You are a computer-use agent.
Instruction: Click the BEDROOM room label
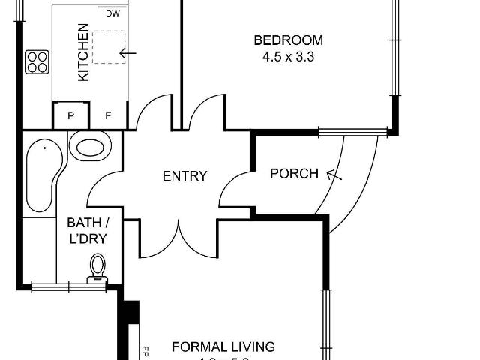tap(288, 40)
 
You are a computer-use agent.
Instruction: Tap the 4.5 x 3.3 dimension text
tap(288, 56)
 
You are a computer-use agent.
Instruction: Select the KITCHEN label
tap(83, 52)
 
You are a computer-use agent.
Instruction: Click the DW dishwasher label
tap(112, 13)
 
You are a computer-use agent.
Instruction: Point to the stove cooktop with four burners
tap(37, 61)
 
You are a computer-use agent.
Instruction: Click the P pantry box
tap(70, 115)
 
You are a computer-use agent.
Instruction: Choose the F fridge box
tap(108, 115)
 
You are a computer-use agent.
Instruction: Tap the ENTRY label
tap(184, 177)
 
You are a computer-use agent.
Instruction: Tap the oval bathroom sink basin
tap(91, 147)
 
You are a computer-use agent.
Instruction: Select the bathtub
tap(40, 175)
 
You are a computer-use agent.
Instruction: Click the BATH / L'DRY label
tap(88, 230)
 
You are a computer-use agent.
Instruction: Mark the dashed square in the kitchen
tap(108, 46)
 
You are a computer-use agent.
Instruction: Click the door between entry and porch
tap(235, 187)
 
